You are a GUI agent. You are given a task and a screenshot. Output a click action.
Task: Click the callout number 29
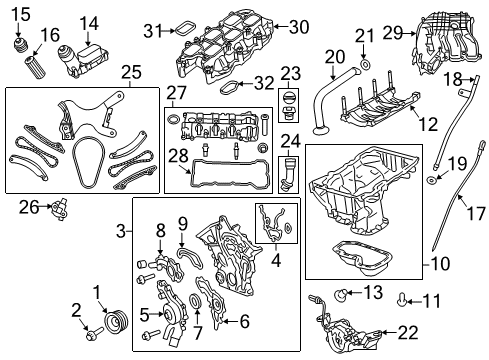tap(391, 34)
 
